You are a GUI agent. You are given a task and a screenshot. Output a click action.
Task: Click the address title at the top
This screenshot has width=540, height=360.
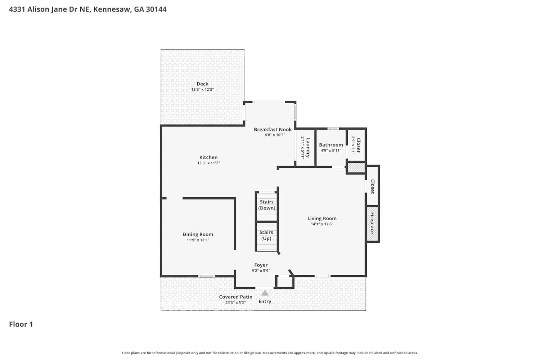point(87,9)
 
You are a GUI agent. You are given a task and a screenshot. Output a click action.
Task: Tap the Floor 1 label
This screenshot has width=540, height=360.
point(21,324)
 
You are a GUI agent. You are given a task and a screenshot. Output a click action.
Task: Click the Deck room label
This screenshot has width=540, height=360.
point(202,84)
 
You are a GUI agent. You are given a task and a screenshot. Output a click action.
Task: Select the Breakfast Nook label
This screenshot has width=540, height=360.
point(273,130)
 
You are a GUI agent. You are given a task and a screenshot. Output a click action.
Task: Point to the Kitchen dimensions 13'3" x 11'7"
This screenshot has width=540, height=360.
point(208,163)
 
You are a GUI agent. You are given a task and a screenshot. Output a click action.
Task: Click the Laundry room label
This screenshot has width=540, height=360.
point(308,148)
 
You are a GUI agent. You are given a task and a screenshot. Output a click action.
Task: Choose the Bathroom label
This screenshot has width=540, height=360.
point(331,145)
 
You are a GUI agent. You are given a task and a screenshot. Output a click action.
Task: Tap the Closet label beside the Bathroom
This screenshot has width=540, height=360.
point(358,145)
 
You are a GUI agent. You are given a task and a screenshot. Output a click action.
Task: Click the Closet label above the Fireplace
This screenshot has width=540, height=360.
point(373,186)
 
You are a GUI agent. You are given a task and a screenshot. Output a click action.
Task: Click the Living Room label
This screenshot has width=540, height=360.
point(322,219)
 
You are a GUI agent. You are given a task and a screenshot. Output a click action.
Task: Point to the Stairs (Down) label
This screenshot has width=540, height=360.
point(267,205)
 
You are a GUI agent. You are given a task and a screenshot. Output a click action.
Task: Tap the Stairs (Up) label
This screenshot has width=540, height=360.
point(266,235)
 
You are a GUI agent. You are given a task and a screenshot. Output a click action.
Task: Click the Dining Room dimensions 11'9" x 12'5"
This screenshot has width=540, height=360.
point(198,240)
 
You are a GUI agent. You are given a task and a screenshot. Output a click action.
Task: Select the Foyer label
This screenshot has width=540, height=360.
point(261,265)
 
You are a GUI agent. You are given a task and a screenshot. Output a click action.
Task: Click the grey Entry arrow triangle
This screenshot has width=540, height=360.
point(265,293)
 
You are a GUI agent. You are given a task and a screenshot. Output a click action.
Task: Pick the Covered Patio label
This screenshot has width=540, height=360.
point(235,297)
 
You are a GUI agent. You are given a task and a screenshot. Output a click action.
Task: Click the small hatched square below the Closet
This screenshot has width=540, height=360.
point(356,168)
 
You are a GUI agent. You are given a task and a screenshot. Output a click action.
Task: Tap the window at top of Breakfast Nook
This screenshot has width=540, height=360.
point(269,102)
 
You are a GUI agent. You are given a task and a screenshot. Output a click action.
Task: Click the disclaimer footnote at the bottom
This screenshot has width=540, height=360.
point(270,353)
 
